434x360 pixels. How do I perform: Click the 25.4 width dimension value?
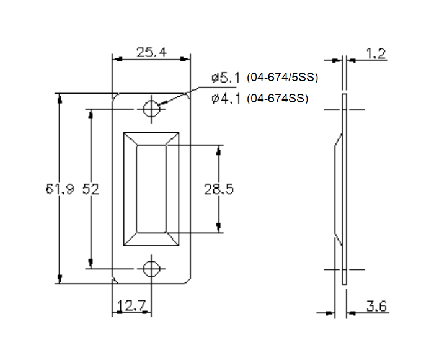(151, 52)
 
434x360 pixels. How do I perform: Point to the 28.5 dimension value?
(218, 189)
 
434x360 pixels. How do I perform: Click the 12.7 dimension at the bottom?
(131, 305)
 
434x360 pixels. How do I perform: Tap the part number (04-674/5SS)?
(282, 78)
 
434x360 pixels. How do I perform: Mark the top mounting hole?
(151, 108)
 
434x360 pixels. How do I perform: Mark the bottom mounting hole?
(151, 268)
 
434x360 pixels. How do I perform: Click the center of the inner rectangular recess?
(151, 189)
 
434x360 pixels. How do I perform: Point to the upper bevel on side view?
(337, 140)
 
